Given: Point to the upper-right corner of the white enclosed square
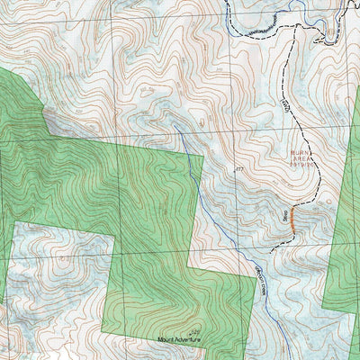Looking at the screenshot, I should click(x=115, y=236).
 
